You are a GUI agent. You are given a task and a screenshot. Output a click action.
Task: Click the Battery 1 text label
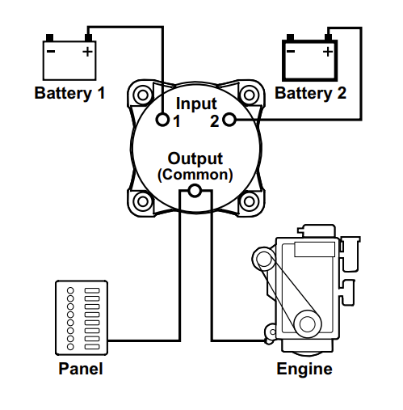pos(69,93)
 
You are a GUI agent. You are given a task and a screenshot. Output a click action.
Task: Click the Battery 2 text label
pos(311,93)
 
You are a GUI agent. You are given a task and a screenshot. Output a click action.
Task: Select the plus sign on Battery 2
pos(328,53)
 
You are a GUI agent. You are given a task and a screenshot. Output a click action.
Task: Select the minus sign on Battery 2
pos(291,53)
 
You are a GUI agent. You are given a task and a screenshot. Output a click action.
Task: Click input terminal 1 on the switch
pos(163,120)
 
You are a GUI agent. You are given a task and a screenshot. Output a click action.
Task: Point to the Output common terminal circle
pos(194,192)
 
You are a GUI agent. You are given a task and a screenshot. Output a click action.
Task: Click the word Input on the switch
pos(195,104)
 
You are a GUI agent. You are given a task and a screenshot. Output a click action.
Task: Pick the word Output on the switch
pos(195,159)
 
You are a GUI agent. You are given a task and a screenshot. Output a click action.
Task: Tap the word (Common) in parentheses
pos(195,174)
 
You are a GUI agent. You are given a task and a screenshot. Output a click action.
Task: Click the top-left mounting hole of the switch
pos(144,94)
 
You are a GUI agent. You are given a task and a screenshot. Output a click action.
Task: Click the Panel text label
pos(81,370)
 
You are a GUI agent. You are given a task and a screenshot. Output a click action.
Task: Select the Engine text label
pos(304,370)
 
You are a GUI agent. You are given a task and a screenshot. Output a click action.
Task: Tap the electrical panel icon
pos(81,316)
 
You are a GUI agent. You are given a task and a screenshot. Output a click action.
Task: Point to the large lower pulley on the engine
pos(307,323)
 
